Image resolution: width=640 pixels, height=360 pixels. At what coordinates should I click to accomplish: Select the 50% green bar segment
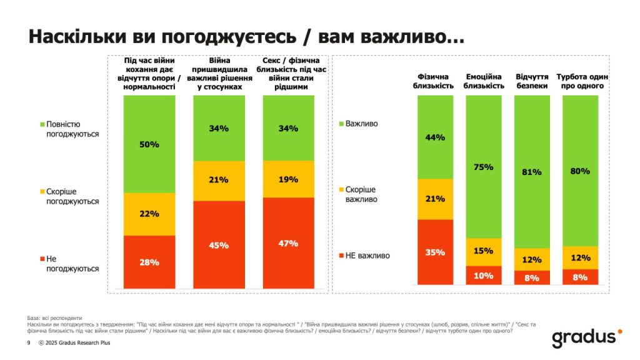pyautogui.click(x=149, y=144)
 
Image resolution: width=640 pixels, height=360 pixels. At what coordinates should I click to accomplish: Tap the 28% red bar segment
pyautogui.click(x=149, y=262)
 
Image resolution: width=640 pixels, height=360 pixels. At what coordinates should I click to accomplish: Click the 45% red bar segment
pyautogui.click(x=219, y=245)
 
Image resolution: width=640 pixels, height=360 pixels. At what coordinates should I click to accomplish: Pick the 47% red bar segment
pyautogui.click(x=288, y=243)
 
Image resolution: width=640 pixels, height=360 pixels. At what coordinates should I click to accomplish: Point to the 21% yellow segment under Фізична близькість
pyautogui.click(x=436, y=199)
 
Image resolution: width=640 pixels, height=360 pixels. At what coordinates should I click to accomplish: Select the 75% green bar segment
pyautogui.click(x=484, y=167)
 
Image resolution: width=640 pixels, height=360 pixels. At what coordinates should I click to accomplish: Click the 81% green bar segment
pyautogui.click(x=532, y=172)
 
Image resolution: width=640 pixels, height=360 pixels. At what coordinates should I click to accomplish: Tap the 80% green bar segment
pyautogui.click(x=581, y=171)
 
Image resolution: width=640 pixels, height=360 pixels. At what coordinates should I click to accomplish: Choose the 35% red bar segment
pyautogui.click(x=436, y=252)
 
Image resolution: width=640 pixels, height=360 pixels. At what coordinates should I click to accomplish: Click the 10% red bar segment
pyautogui.click(x=484, y=276)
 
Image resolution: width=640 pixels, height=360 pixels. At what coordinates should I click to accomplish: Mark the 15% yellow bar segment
pyautogui.click(x=484, y=251)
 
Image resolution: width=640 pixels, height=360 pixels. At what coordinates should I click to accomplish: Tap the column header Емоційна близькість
pyautogui.click(x=484, y=81)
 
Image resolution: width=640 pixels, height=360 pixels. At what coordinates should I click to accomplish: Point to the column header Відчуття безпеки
pyautogui.click(x=532, y=81)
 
